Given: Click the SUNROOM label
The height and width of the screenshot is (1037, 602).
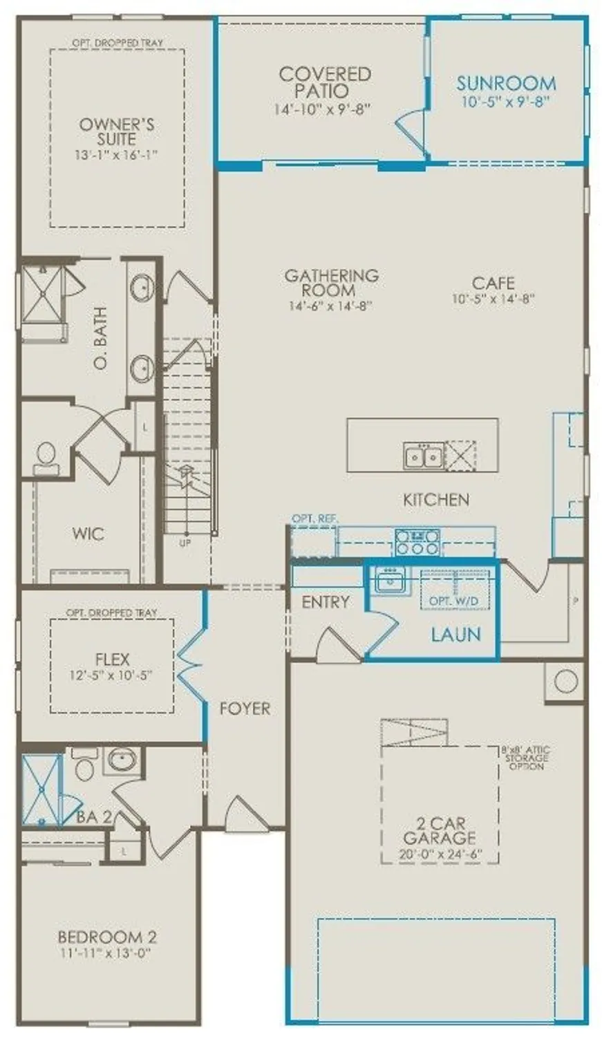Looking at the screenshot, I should (x=506, y=84).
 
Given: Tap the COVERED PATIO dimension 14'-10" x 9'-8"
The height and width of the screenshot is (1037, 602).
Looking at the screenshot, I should (x=324, y=109).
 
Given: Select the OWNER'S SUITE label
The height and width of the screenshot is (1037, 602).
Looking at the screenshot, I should (x=116, y=131).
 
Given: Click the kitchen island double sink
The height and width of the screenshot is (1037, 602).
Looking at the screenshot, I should (x=423, y=456).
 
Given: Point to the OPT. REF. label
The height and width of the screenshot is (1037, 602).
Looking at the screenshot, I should (x=311, y=518).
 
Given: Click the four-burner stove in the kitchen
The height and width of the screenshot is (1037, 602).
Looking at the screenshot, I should (x=417, y=541).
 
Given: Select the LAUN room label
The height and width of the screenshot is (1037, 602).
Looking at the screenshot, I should (x=455, y=634).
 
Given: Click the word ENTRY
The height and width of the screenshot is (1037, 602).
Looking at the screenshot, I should (x=326, y=602).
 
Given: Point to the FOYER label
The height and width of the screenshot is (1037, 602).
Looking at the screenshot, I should (x=245, y=709).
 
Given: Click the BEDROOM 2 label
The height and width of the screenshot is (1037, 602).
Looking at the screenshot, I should (x=107, y=937).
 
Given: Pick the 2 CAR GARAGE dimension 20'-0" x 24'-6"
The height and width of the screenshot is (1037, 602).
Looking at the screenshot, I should (x=440, y=854).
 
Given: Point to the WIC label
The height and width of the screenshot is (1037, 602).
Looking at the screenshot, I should (x=88, y=534).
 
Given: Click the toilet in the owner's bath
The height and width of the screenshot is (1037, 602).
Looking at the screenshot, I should (x=46, y=456).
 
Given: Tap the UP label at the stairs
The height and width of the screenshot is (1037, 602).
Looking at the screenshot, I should (x=186, y=542).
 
